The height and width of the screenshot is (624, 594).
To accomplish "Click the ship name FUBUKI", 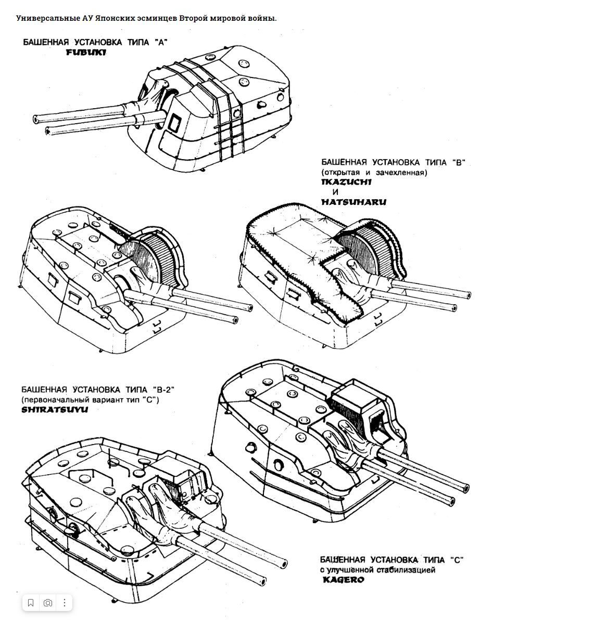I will tap(86, 53).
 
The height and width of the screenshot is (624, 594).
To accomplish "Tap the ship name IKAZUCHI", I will tap(346, 182).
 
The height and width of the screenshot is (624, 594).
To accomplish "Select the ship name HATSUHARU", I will tap(353, 202).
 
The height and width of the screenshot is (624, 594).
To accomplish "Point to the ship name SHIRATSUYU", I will tap(55, 409).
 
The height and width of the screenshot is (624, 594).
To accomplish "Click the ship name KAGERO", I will tap(343, 579).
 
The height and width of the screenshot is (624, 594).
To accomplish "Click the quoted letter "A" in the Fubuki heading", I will tap(161, 43).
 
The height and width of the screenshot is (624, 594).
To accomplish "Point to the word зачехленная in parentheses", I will tap(400, 172).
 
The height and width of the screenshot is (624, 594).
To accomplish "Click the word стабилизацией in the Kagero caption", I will tap(408, 570).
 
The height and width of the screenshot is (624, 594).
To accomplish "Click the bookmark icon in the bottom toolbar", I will tap(31, 603).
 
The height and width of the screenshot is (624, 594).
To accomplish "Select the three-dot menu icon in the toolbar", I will tap(65, 603).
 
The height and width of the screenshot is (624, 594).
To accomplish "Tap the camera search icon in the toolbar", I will tap(48, 603).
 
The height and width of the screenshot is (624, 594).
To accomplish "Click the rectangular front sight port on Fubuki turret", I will tap(174, 122).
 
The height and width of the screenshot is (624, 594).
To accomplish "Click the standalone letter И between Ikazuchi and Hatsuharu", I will tap(335, 192).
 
